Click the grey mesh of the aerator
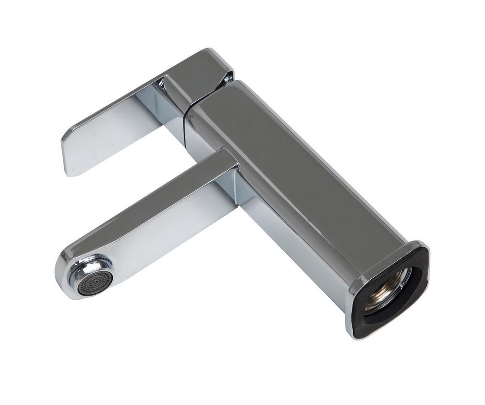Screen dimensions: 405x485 (x=95, y=281)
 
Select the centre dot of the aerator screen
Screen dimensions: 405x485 (x=95, y=281)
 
